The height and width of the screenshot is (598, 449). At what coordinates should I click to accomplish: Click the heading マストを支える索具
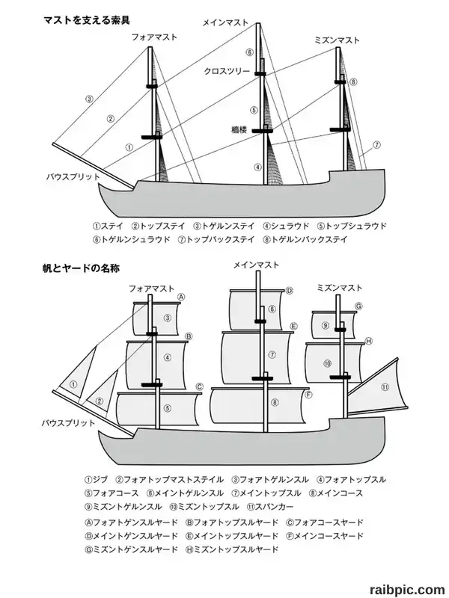[x=87, y=20]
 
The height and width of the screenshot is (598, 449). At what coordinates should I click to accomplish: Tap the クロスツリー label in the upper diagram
[x=227, y=71]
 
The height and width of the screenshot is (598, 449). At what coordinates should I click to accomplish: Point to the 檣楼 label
[x=239, y=129]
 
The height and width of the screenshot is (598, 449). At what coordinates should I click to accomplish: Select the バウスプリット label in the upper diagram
[x=73, y=177]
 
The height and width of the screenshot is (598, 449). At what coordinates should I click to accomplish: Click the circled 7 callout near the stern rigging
[x=376, y=145]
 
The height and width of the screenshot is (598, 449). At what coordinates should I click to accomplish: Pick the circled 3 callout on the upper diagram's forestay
[x=89, y=99]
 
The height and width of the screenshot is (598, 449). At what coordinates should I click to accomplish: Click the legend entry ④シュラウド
[x=286, y=226]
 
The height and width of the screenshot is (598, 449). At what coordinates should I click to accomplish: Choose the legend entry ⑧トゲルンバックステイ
[x=305, y=240]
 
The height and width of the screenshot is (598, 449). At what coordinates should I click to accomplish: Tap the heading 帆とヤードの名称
[x=81, y=268]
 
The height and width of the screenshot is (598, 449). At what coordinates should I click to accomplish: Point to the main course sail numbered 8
[x=259, y=405]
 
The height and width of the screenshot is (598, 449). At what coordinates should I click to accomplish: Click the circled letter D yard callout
[x=290, y=291]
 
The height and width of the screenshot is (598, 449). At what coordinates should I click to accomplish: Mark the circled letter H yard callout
[x=368, y=341]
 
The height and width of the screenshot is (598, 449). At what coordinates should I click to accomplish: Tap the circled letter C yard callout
[x=199, y=387]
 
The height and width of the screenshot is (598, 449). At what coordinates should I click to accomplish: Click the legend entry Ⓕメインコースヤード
[x=325, y=536]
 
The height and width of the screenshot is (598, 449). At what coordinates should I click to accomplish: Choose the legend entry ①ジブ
[x=97, y=479]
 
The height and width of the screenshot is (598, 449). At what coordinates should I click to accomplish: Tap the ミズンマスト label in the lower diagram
[x=340, y=288]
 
